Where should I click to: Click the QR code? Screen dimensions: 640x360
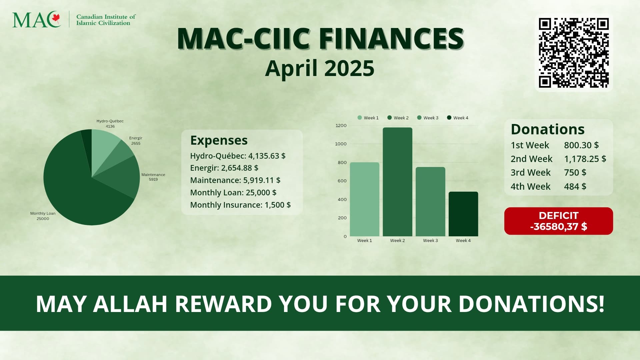574,53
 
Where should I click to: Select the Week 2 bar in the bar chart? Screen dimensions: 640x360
397,182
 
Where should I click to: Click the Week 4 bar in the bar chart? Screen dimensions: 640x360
463,214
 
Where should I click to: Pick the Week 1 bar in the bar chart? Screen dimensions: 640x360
365,199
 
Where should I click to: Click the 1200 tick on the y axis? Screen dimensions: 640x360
341,126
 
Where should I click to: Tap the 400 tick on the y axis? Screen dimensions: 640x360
342,199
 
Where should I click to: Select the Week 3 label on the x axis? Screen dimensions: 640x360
430,240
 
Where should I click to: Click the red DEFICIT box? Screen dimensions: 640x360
558,221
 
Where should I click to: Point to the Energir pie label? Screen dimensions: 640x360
136,141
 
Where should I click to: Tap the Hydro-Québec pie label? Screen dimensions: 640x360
110,124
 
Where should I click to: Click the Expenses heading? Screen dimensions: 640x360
219,140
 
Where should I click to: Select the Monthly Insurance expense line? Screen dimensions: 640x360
240,205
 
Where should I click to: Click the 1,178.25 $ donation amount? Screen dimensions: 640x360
585,159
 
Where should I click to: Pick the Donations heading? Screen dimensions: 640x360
548,129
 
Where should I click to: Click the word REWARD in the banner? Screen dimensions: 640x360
223,304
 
